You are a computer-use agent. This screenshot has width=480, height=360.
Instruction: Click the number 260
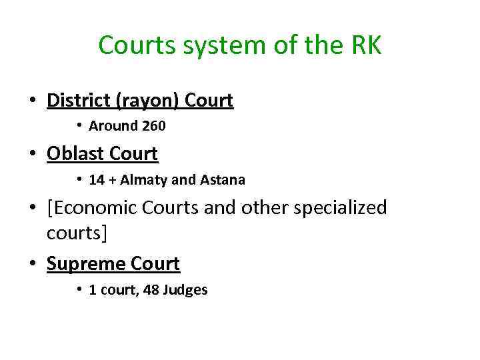[152, 125]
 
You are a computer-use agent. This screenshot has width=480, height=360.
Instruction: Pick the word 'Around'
[111, 125]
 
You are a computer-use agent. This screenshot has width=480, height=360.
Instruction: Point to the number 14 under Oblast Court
[97, 180]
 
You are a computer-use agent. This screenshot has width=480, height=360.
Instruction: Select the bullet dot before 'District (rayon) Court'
[32, 101]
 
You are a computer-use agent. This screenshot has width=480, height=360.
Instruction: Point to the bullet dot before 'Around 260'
[79, 125]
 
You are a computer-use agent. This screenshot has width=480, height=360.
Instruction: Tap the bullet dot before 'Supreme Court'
[32, 265]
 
